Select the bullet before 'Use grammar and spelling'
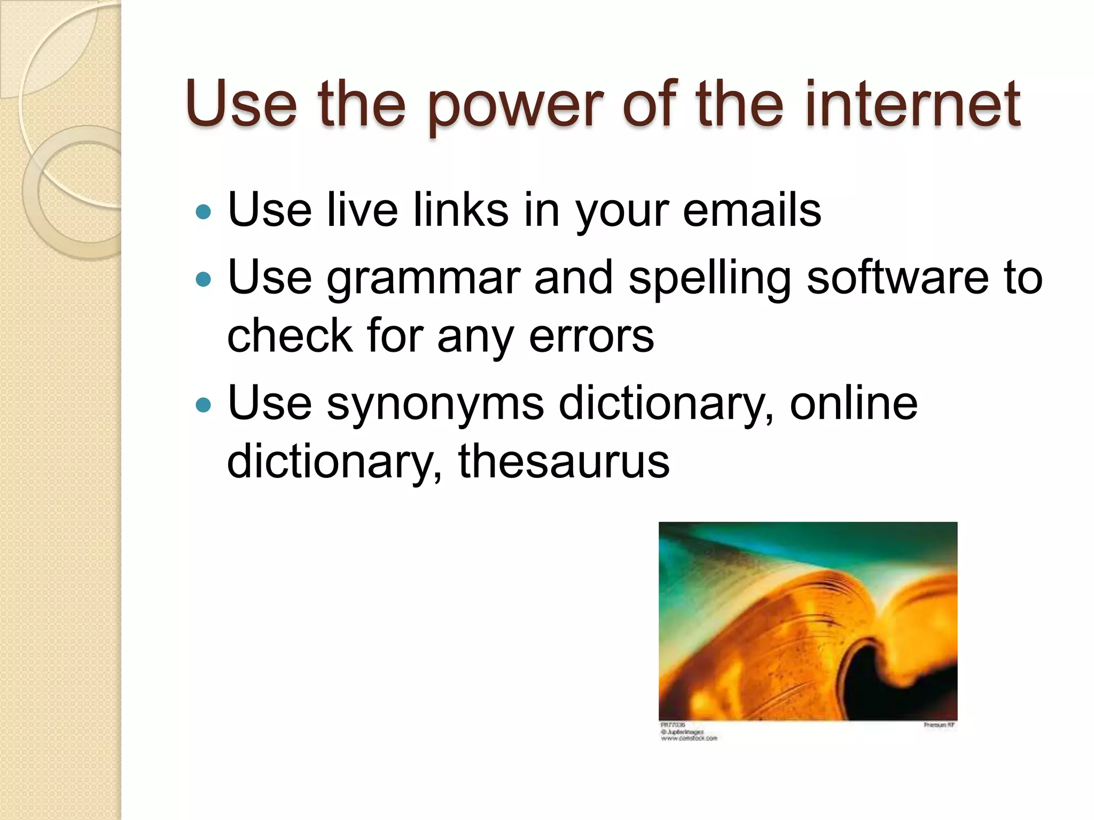tap(204, 279)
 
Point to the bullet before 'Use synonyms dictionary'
tap(204, 405)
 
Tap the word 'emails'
tap(752, 210)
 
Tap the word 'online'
tap(853, 404)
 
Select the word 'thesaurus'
tap(564, 462)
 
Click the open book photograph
tap(808, 621)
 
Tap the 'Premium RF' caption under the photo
tap(939, 725)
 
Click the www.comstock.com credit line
tap(689, 738)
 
